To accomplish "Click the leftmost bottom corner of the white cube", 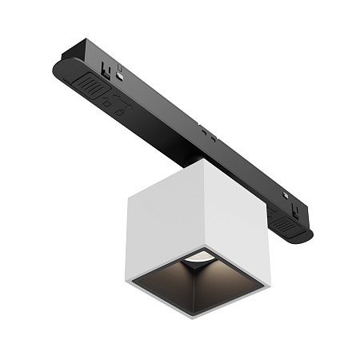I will pos(126,280).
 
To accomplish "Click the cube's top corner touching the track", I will pos(203,160).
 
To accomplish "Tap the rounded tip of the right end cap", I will pos(309,236).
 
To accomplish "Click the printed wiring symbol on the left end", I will pos(112,105).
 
